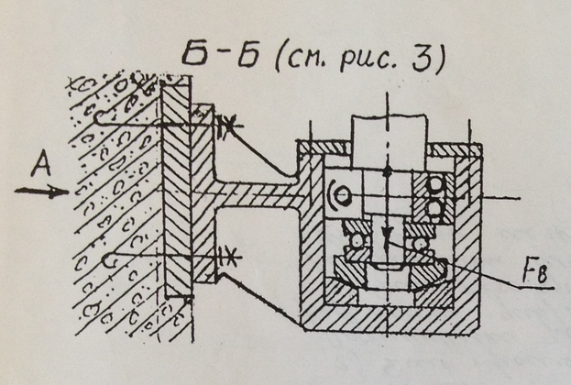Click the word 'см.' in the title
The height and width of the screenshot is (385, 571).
(x=312, y=61)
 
